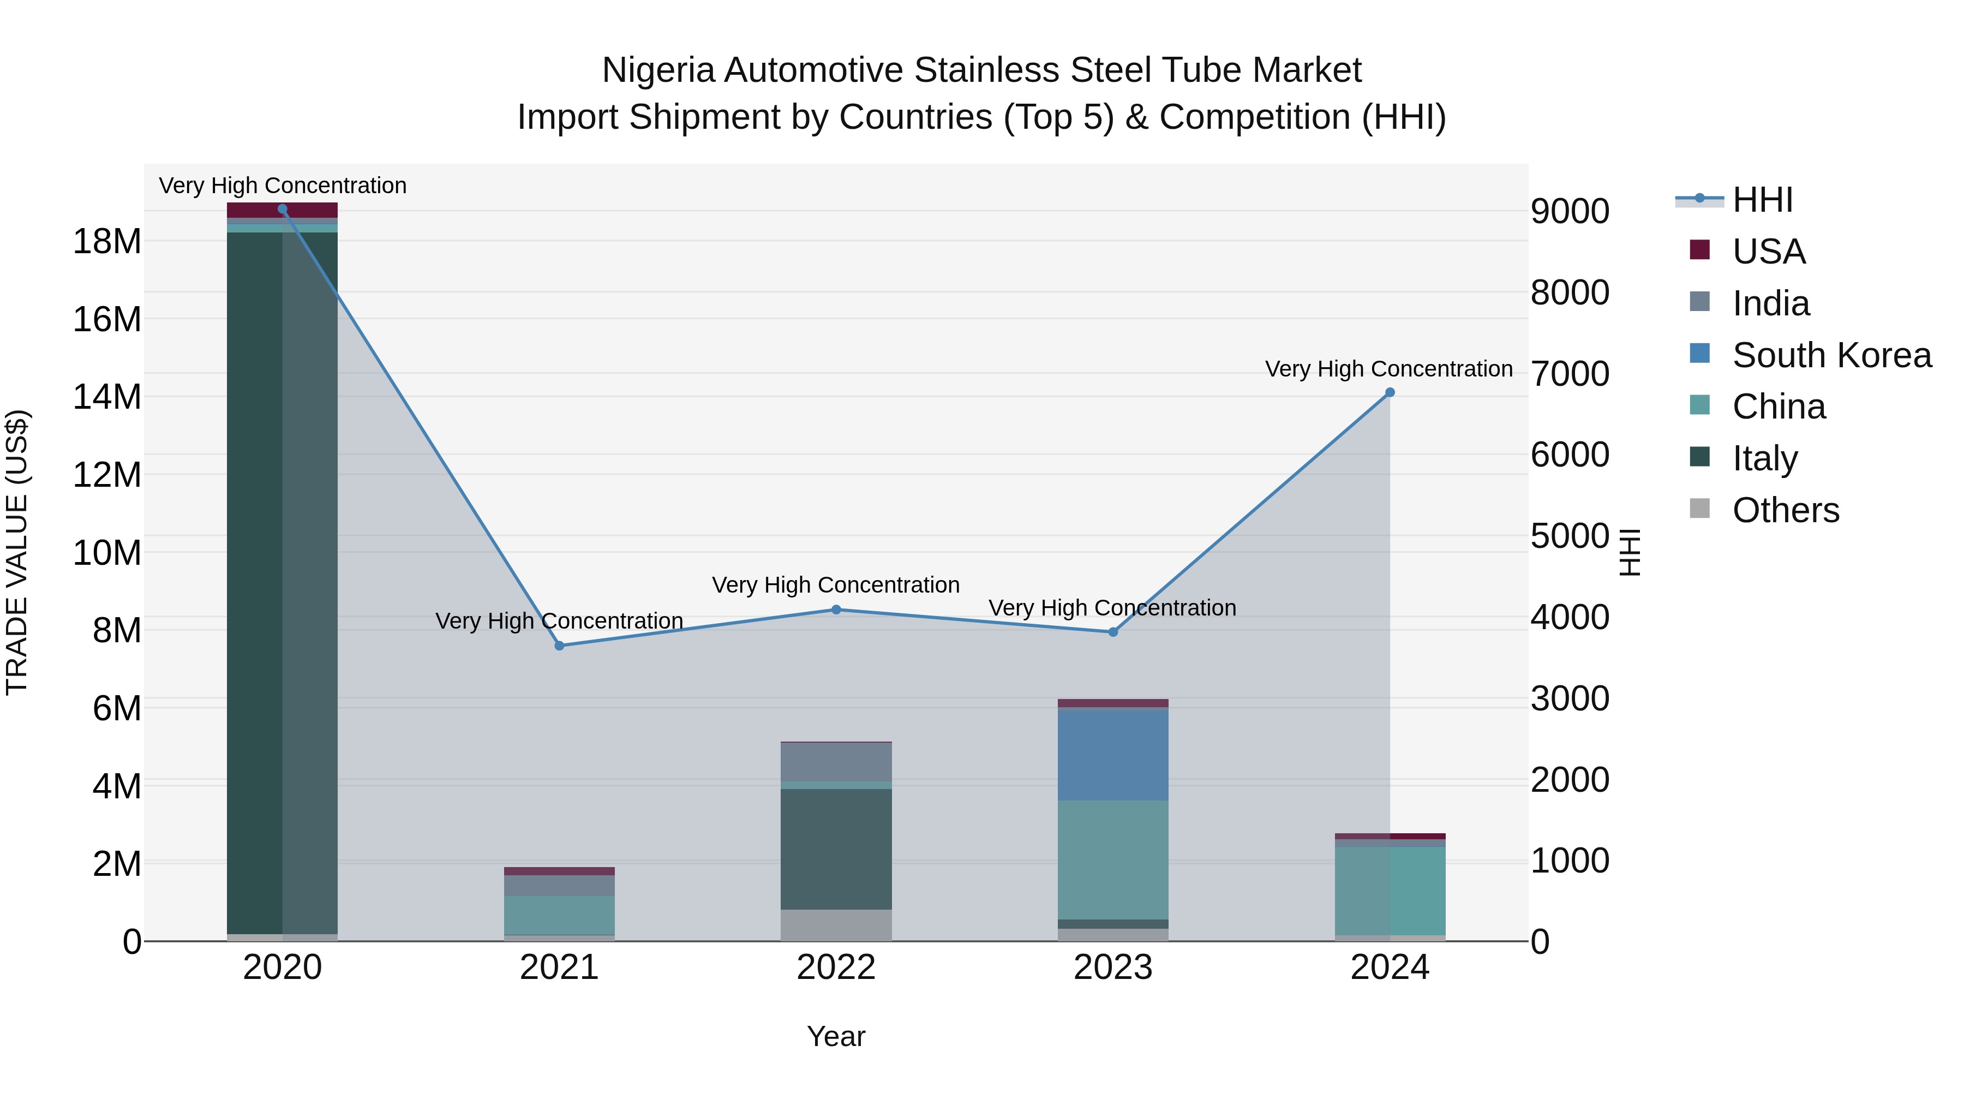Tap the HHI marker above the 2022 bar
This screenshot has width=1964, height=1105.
[x=836, y=610]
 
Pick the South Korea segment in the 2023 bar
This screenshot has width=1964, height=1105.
[x=1112, y=755]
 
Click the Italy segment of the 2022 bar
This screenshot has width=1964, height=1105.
[x=836, y=848]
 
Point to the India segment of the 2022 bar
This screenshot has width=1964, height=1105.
[x=836, y=761]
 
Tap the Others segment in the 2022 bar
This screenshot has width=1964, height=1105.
[x=836, y=924]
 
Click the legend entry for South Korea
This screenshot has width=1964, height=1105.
[x=1831, y=355]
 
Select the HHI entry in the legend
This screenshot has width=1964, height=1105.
[x=1762, y=200]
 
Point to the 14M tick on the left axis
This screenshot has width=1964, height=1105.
[x=107, y=397]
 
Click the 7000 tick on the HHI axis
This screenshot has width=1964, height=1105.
[x=1569, y=374]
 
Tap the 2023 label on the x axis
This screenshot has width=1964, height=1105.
[x=1112, y=967]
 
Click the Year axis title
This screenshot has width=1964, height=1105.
[x=836, y=1036]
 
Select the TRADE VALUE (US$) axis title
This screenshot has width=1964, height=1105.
[x=17, y=552]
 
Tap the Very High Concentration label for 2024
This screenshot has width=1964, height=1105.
[x=1388, y=369]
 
